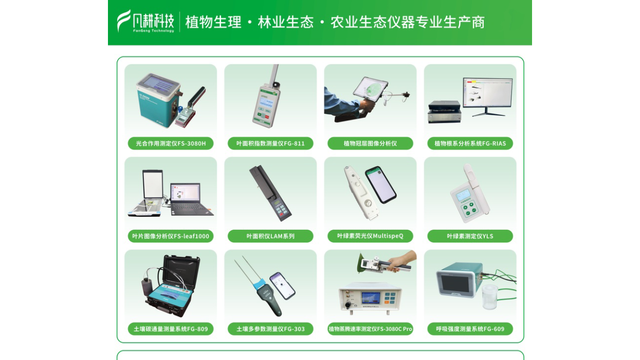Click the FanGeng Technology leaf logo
tap(124, 21)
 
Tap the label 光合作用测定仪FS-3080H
tap(171, 143)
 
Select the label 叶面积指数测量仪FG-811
tap(270, 143)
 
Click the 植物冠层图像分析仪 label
tap(370, 143)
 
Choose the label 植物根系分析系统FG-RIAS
tap(470, 143)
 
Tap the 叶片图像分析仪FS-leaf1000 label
tap(171, 236)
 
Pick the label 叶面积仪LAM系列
tap(270, 236)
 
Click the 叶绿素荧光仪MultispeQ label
tap(370, 236)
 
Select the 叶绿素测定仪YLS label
tap(470, 236)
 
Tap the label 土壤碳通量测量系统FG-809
tap(171, 329)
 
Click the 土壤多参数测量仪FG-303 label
tap(270, 329)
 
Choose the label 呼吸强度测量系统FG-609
tap(470, 329)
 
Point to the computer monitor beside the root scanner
tap(488, 93)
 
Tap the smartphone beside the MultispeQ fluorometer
tap(380, 185)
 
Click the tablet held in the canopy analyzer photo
tap(371, 88)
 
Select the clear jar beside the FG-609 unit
tap(490, 297)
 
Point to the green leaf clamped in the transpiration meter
tap(362, 263)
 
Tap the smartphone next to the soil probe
tap(283, 285)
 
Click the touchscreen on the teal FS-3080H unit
tap(158, 83)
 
